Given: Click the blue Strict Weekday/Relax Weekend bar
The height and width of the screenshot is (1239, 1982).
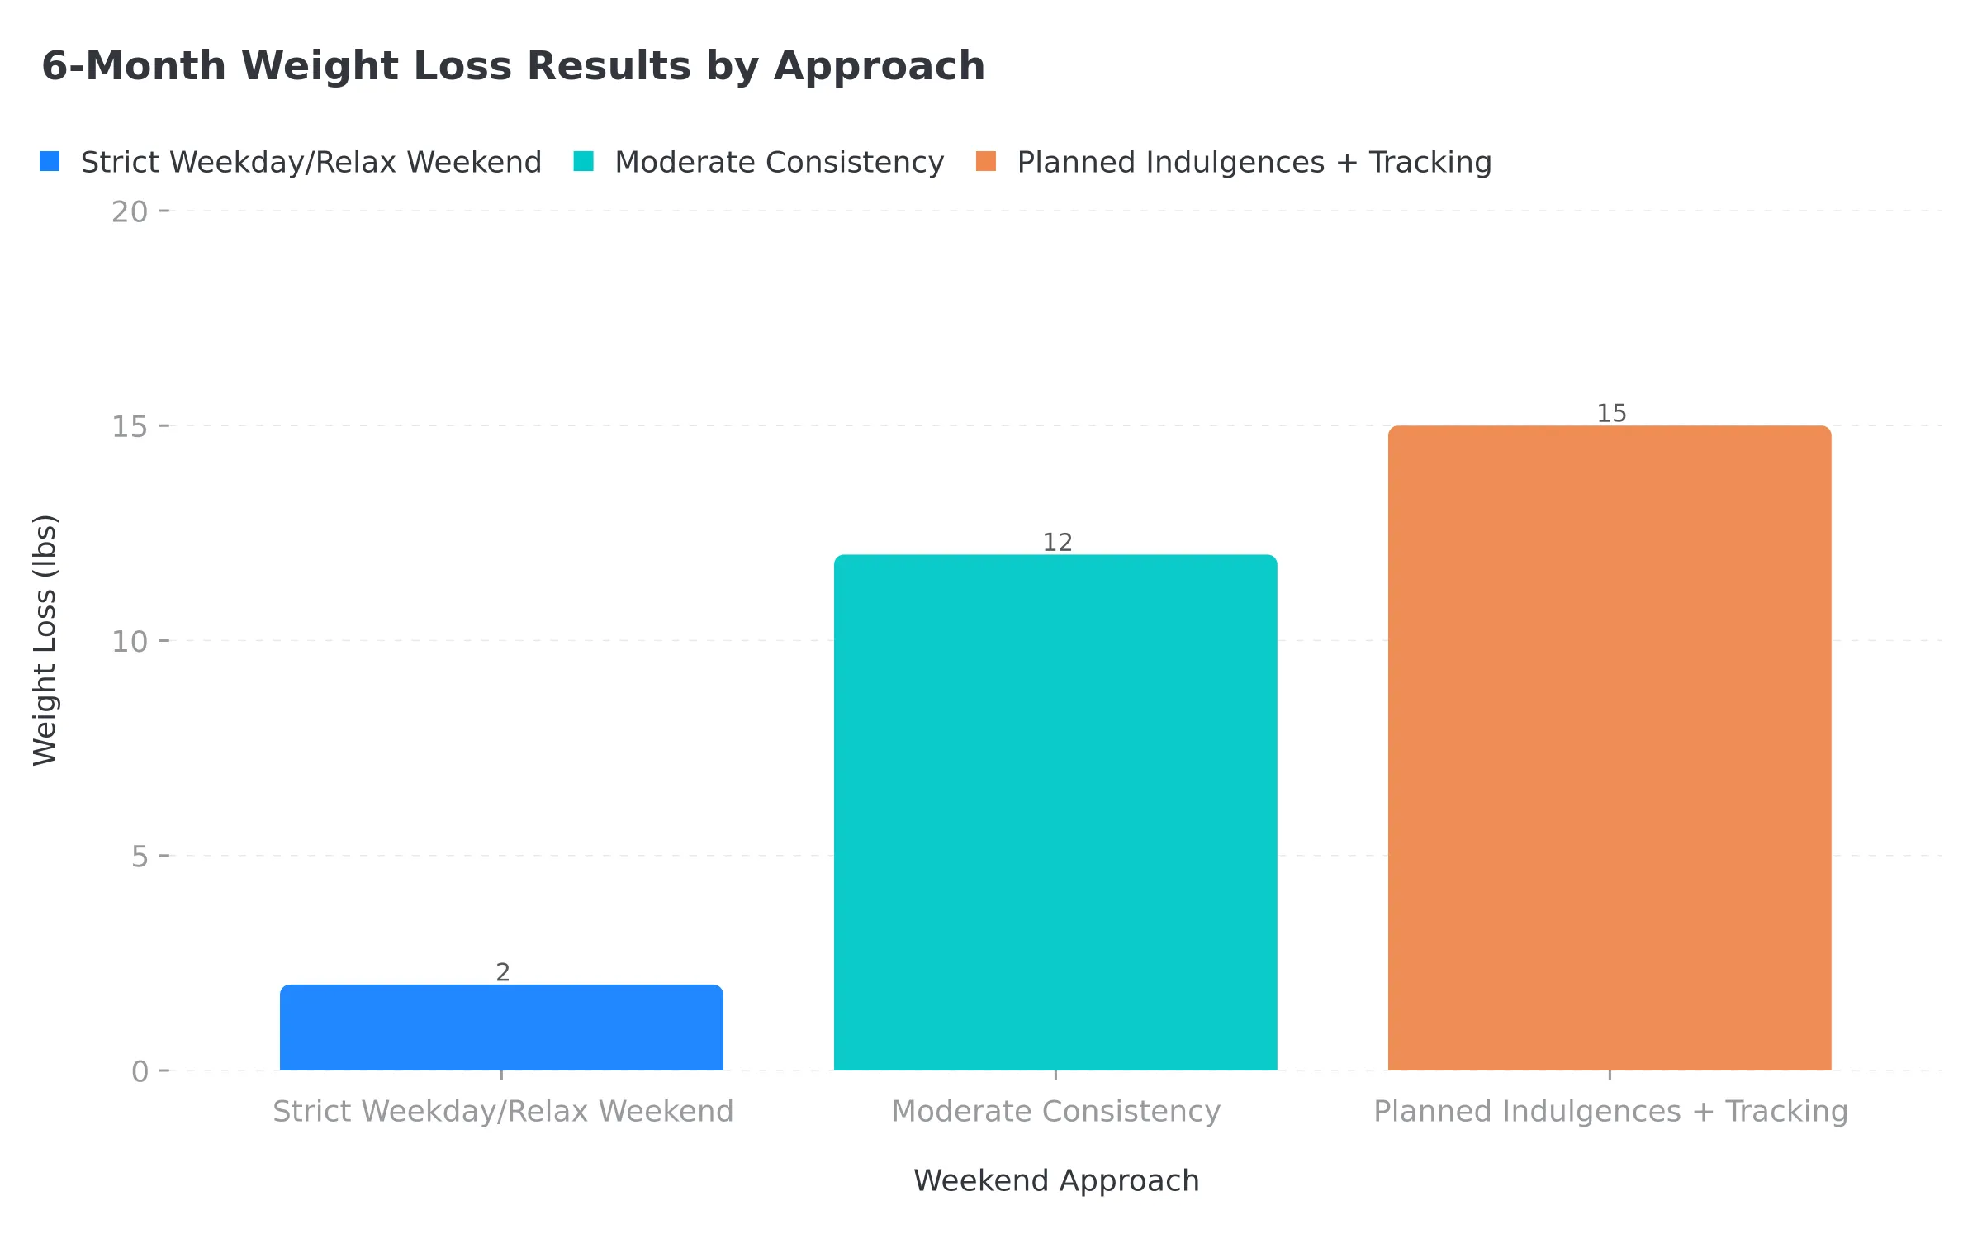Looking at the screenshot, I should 501,1028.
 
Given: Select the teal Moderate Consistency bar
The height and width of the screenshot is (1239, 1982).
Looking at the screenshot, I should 1055,813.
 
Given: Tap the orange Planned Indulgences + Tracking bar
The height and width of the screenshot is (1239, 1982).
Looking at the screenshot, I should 1610,748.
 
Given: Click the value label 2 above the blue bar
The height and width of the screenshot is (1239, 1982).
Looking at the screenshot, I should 502,972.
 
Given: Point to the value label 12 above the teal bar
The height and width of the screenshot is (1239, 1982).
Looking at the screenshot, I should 1057,543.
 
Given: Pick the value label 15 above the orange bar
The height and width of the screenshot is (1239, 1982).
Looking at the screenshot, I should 1611,413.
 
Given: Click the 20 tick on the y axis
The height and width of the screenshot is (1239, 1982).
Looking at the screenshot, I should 130,212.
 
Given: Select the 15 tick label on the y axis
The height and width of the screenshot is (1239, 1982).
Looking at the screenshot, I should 130,427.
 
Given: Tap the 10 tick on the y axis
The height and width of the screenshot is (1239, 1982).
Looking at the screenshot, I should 130,642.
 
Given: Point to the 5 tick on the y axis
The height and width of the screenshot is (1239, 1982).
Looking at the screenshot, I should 140,857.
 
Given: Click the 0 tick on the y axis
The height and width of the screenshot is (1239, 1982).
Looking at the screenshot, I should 140,1071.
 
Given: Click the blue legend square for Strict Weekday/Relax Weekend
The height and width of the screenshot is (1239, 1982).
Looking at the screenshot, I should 50,162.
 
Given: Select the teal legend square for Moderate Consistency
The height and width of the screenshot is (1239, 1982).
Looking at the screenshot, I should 584,162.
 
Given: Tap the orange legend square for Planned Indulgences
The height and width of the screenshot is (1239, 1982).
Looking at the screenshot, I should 986,162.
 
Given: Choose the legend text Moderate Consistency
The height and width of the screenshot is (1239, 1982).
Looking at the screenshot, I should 779,162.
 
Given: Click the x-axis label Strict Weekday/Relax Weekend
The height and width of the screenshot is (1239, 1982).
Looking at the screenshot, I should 503,1111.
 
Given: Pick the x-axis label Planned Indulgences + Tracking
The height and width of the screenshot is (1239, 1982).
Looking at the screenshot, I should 1610,1111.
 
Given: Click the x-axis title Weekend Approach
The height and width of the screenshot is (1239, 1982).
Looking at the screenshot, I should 1056,1180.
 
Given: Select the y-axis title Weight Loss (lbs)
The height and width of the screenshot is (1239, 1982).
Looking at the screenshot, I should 45,640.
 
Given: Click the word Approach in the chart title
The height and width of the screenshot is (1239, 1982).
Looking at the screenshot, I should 879,66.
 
